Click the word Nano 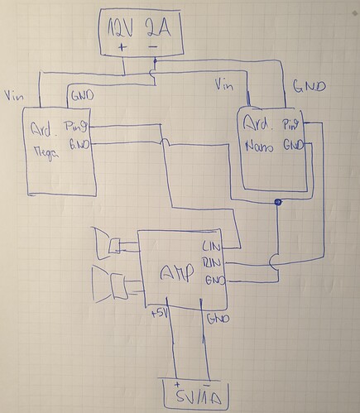click(259, 149)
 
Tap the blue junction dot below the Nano click(279, 202)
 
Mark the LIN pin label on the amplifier click(213, 246)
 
